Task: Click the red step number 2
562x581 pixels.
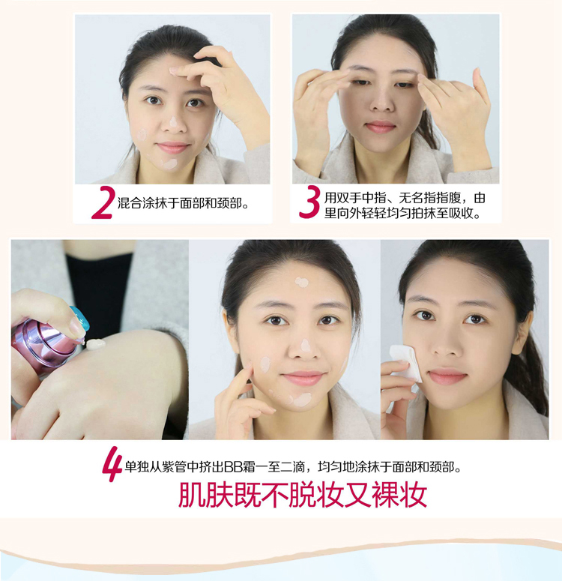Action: (x=103, y=202)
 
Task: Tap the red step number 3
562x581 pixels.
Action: (x=309, y=202)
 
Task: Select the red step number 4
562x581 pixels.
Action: (x=112, y=464)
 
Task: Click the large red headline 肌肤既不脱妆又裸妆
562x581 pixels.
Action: (x=303, y=494)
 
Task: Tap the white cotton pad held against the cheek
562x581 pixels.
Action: (x=405, y=362)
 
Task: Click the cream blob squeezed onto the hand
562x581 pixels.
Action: (x=96, y=344)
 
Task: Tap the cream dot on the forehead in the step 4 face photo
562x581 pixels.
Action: (x=301, y=283)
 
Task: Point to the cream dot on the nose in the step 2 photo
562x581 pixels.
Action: (x=173, y=121)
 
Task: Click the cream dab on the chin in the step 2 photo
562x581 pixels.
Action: (x=169, y=163)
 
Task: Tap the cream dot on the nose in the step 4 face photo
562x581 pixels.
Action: (x=306, y=346)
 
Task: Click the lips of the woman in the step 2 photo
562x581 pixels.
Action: (x=173, y=147)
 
